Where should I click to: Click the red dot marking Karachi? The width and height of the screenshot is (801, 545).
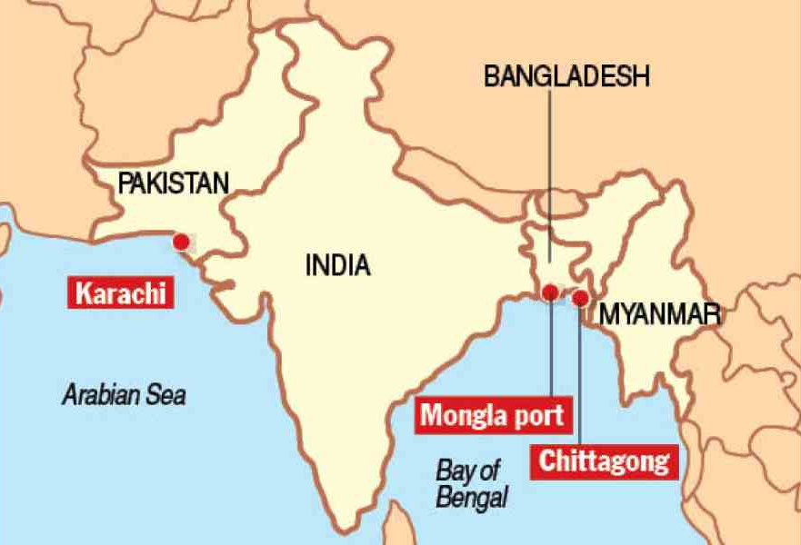tap(182, 242)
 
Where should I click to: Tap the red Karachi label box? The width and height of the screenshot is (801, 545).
tap(121, 293)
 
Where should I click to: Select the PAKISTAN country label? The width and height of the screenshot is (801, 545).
tap(173, 184)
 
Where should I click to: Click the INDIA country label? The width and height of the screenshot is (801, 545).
tap(337, 266)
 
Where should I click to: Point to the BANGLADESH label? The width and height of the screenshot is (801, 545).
tap(566, 77)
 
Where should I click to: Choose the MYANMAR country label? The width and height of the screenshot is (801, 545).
tap(660, 315)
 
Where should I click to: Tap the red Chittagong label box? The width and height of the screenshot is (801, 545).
tap(605, 461)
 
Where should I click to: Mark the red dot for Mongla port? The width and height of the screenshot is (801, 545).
tap(550, 292)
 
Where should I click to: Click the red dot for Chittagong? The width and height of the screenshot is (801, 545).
tap(580, 297)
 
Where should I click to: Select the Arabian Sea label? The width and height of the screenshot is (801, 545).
tap(124, 395)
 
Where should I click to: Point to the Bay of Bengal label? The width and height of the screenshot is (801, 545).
tap(470, 483)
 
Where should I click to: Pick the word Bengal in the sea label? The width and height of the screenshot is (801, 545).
tap(472, 497)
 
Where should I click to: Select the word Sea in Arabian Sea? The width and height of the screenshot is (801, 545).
tap(168, 395)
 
